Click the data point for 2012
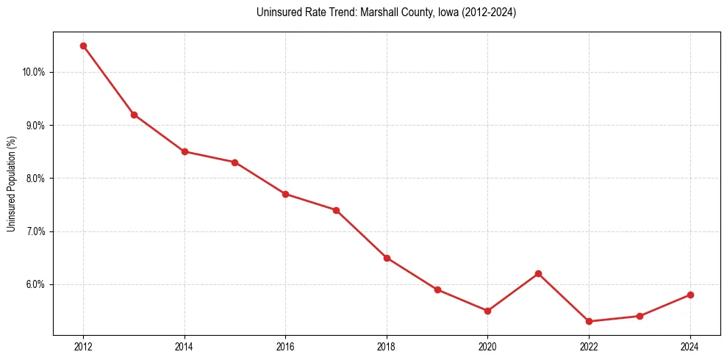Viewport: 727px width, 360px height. [83, 46]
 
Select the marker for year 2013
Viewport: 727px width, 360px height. [134, 115]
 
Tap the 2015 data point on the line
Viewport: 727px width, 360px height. [234, 162]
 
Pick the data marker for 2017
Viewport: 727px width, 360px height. [336, 210]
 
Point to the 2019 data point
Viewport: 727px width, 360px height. [437, 289]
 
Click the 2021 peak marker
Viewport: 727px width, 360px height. [538, 273]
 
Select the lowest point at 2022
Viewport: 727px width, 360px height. [589, 321]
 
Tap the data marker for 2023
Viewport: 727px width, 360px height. [640, 316]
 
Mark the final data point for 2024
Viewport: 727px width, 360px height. [690, 295]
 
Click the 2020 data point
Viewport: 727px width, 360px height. [487, 311]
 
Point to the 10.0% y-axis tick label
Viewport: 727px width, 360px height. [34, 72]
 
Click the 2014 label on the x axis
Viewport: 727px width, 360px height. [185, 347]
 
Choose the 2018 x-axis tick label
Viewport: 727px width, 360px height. [387, 347]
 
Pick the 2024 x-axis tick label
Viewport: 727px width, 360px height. [690, 347]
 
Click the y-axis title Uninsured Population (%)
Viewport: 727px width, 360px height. [11, 184]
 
